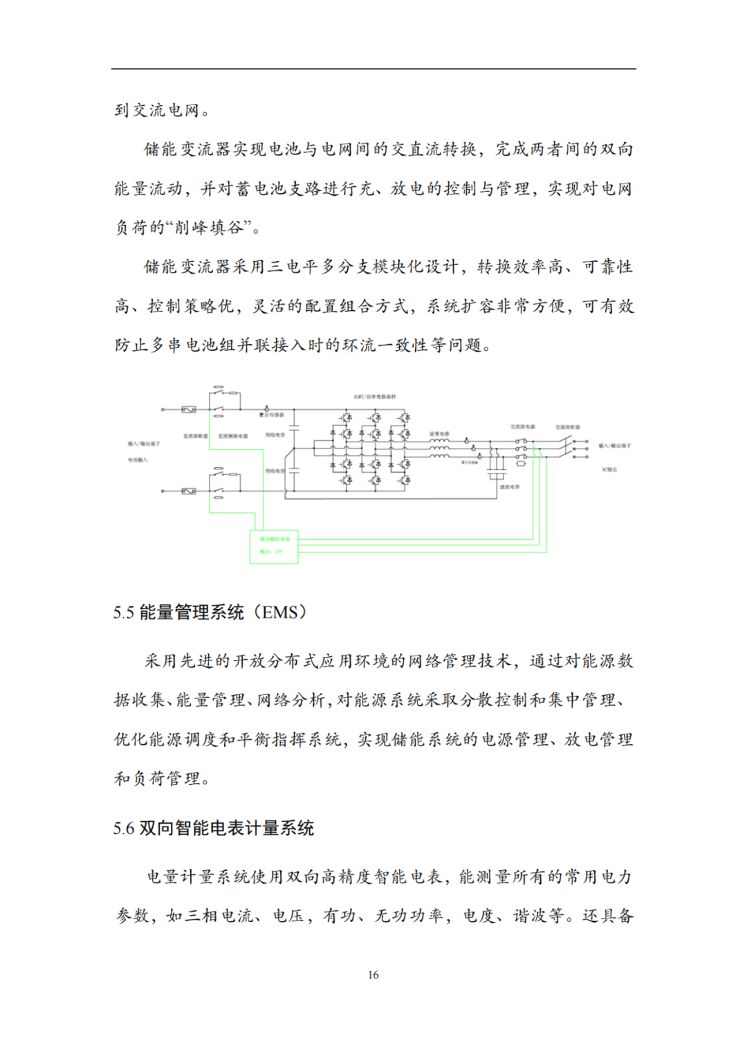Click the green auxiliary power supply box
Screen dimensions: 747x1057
point(274,546)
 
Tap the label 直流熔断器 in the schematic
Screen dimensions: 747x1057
point(195,436)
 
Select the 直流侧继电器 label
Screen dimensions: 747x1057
point(232,436)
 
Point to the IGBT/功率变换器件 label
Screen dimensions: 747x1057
point(375,397)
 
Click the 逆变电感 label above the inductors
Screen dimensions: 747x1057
point(439,434)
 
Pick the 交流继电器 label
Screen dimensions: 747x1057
point(522,427)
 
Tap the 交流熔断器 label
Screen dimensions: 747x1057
point(567,427)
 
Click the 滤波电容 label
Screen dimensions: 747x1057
point(510,487)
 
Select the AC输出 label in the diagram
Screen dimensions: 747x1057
point(609,469)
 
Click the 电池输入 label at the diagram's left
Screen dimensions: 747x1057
point(137,460)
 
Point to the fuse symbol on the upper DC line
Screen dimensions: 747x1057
point(188,410)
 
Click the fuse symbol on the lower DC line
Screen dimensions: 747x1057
point(188,491)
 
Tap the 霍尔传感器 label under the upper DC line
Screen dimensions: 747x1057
point(271,415)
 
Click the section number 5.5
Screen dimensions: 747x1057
point(123,613)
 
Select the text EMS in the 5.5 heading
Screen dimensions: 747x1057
point(280,613)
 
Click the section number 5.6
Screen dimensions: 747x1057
point(123,829)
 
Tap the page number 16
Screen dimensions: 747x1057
point(373,975)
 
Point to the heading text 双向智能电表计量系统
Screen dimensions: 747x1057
point(227,829)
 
